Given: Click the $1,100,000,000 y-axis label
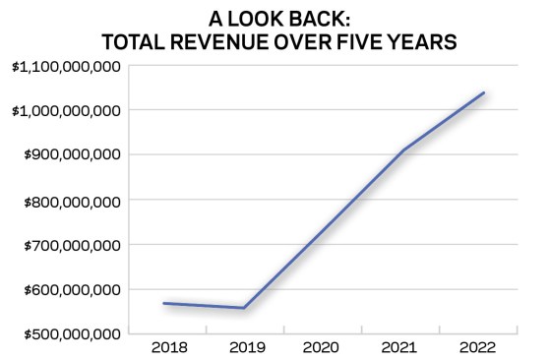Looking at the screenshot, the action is (x=66, y=67).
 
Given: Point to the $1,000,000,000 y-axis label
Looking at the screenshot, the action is (x=66, y=111).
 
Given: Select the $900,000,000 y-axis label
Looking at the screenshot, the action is (x=72, y=154).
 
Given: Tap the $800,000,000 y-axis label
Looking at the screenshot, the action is (x=72, y=202).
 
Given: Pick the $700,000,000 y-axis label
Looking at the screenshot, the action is (x=72, y=246).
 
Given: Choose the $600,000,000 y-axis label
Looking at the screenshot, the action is (x=72, y=290).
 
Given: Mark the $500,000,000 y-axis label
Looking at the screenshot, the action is (x=72, y=334).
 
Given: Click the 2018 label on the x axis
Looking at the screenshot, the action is (x=169, y=348).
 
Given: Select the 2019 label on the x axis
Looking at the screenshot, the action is (x=247, y=348).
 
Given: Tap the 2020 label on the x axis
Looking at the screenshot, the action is (x=321, y=348).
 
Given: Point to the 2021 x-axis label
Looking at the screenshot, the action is (x=398, y=348).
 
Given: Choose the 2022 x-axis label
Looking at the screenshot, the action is (x=477, y=348).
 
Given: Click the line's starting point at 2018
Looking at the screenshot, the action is (x=164, y=303).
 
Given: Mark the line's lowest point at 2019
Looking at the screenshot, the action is (x=244, y=308).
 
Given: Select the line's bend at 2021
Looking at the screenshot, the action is (x=404, y=150).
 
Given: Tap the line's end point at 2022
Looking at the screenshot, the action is (x=484, y=92).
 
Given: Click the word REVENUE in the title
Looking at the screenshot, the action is (x=219, y=42).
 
